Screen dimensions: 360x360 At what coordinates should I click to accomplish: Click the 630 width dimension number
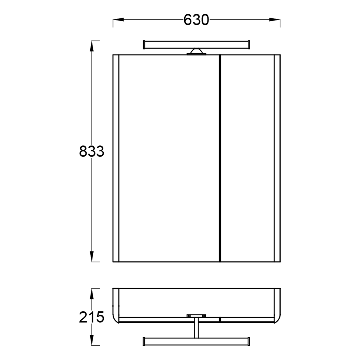pyautogui.click(x=196, y=20)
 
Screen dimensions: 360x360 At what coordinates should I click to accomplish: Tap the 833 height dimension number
pyautogui.click(x=91, y=151)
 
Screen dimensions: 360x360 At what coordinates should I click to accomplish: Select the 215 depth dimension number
pyautogui.click(x=91, y=317)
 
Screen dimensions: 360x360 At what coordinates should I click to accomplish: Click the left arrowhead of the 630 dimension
pyautogui.click(x=118, y=19)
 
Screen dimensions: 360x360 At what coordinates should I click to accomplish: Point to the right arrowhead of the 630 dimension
pyautogui.click(x=275, y=19)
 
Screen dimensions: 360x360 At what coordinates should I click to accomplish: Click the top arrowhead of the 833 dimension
pyautogui.click(x=91, y=46)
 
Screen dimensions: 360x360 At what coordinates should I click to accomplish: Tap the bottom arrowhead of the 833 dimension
pyautogui.click(x=91, y=256)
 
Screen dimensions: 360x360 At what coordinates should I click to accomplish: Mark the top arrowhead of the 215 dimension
pyautogui.click(x=91, y=294)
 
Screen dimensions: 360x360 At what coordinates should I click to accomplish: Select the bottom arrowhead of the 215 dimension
pyautogui.click(x=91, y=340)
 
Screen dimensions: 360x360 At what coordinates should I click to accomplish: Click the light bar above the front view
pyautogui.click(x=196, y=45)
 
